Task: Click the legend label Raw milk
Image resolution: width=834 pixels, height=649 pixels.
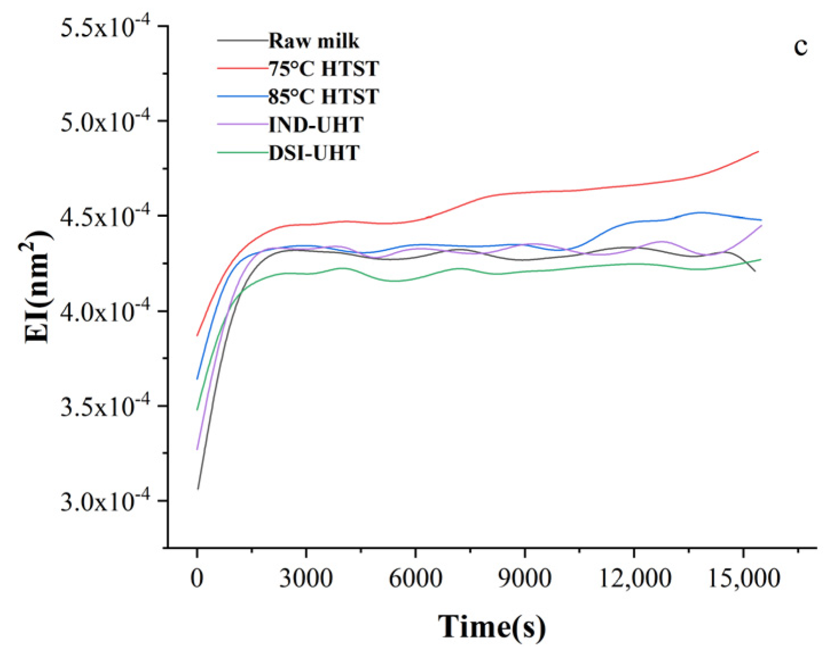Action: (314, 41)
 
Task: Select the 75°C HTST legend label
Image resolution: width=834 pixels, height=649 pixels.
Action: (323, 69)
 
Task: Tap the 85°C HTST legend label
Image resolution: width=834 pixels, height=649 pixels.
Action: (323, 97)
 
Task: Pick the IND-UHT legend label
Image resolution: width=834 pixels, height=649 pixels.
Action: (315, 125)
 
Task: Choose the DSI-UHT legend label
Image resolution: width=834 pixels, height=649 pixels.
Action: (314, 153)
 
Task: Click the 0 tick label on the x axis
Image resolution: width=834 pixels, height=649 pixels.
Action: (197, 578)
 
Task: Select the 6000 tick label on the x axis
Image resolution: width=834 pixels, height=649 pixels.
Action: (415, 578)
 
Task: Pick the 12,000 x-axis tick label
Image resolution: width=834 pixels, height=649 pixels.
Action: (634, 578)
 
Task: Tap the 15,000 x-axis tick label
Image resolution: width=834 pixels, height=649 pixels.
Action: (744, 578)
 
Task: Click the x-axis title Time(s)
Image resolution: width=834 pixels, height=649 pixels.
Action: (492, 626)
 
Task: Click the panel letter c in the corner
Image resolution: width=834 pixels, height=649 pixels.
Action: (800, 46)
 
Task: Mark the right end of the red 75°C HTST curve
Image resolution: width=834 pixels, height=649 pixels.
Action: (758, 152)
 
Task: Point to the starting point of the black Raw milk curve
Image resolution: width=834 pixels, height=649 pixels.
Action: (197, 489)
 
